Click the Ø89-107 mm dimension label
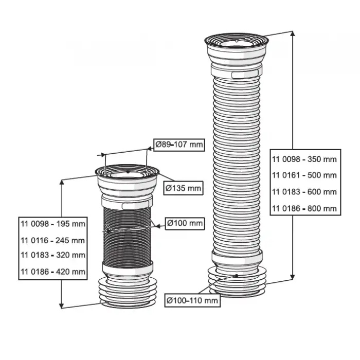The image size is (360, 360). point(179,146)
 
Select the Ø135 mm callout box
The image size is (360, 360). point(183,188)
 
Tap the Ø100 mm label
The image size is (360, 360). point(185,224)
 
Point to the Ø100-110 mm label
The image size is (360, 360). point(192,300)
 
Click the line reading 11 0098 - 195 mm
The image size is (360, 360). point(53,224)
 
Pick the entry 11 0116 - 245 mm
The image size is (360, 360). point(53,240)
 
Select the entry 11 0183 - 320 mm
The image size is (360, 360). point(53,255)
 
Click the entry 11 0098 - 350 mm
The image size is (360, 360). point(304,159)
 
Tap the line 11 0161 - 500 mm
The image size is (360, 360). point(304,175)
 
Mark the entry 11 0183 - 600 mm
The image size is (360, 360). point(304,191)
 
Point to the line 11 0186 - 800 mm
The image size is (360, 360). point(304,208)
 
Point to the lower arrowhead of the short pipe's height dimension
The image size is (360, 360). point(62,303)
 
